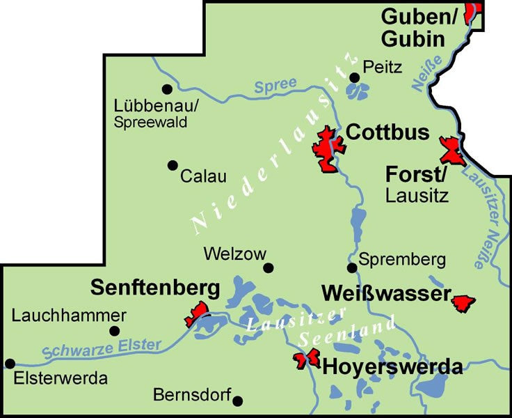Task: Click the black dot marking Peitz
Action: point(354,77)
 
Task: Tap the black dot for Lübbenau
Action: point(166,89)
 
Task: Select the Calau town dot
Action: point(172,165)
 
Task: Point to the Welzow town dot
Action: point(269,268)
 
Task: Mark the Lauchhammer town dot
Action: point(115,331)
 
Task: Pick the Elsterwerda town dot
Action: point(10,363)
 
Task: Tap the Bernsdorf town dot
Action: point(238,401)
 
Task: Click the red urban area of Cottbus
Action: point(326,150)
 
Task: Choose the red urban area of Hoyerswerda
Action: point(306,359)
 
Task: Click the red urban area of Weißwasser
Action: point(463,302)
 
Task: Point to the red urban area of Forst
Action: point(452,151)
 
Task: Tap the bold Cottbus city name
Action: point(387,132)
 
